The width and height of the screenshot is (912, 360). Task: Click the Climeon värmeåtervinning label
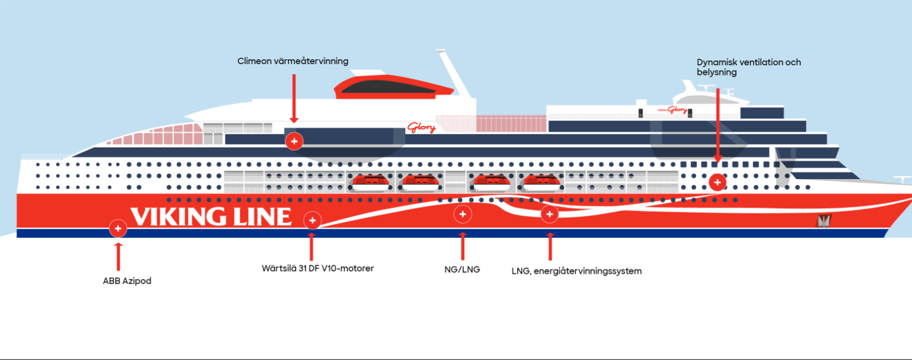click(x=293, y=61)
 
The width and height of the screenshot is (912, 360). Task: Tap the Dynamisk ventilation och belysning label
click(x=749, y=67)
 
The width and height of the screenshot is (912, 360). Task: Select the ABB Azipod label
click(x=127, y=281)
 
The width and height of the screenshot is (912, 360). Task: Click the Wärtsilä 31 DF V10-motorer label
click(x=317, y=268)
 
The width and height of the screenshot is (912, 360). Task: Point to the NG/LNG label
click(x=462, y=269)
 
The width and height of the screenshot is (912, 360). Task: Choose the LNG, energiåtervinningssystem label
click(x=577, y=271)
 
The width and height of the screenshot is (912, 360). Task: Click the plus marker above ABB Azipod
click(x=118, y=228)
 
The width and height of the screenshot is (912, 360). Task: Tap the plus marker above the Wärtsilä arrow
click(x=313, y=221)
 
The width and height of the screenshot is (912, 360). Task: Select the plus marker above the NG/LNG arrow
click(x=462, y=214)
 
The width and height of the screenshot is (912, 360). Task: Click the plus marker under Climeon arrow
click(x=294, y=142)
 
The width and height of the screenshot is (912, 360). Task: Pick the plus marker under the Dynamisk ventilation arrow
click(x=717, y=182)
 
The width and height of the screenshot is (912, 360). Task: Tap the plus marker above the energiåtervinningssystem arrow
click(x=549, y=214)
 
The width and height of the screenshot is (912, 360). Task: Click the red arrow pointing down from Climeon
click(x=294, y=98)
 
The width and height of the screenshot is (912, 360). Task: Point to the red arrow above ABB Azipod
click(x=119, y=257)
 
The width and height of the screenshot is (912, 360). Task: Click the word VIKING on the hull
click(x=177, y=216)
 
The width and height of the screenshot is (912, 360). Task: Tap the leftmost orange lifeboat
click(x=371, y=183)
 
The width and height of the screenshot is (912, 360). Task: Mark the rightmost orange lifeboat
click(x=542, y=183)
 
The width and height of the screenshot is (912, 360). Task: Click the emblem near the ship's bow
click(x=824, y=221)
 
